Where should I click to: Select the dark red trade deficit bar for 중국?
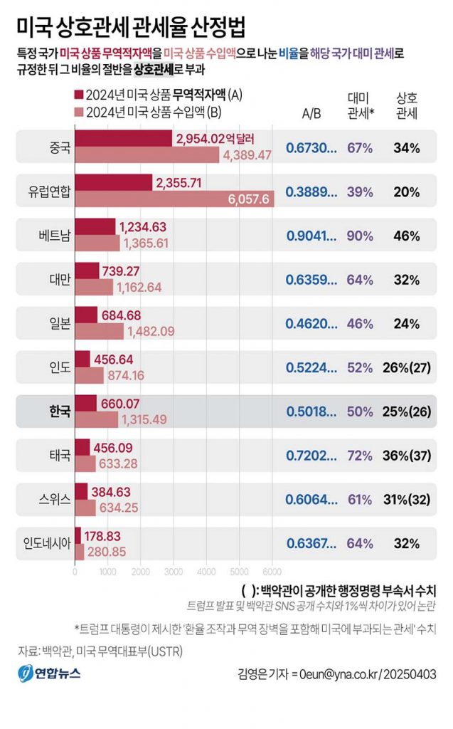pyautogui.click(x=122, y=139)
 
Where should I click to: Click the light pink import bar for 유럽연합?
pyautogui.click(x=174, y=199)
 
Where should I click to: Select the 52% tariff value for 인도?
pyautogui.click(x=360, y=367)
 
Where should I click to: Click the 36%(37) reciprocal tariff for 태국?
pyautogui.click(x=410, y=455)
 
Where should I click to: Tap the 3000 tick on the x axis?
pyautogui.click(x=174, y=570)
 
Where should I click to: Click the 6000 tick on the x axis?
pyautogui.click(x=272, y=570)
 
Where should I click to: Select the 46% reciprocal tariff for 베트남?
pyautogui.click(x=406, y=236)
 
